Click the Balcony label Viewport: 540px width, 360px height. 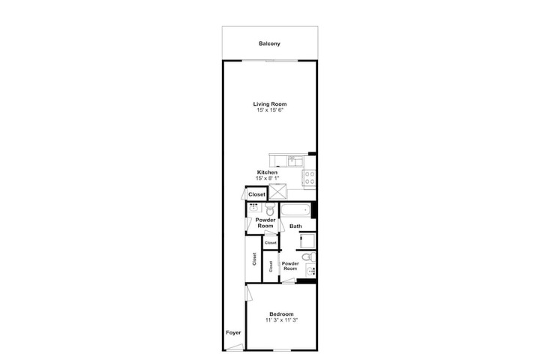point(269,43)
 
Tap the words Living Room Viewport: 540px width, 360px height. point(270,104)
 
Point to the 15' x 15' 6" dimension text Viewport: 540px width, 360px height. point(270,110)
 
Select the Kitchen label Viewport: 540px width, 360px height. point(267,172)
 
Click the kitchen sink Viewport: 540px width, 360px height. point(295,161)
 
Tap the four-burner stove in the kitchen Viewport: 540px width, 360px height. point(309,178)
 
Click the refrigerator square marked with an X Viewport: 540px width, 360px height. point(277,192)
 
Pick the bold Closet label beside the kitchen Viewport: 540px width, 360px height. point(257,195)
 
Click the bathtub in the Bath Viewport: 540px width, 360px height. point(295,210)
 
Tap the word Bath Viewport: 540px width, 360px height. point(295,226)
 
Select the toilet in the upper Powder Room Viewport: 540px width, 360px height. point(270,208)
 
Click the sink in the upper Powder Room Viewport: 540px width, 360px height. point(254,208)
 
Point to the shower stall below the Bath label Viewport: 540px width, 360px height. point(307,241)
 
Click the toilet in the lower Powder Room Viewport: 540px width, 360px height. point(309,257)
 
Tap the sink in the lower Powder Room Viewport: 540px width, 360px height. point(311,271)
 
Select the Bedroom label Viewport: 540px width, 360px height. point(281,314)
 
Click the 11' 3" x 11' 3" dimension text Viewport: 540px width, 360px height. point(281,320)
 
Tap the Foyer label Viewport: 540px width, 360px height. point(233,333)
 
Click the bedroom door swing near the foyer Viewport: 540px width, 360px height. point(249,292)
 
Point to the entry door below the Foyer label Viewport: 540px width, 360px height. point(235,347)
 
